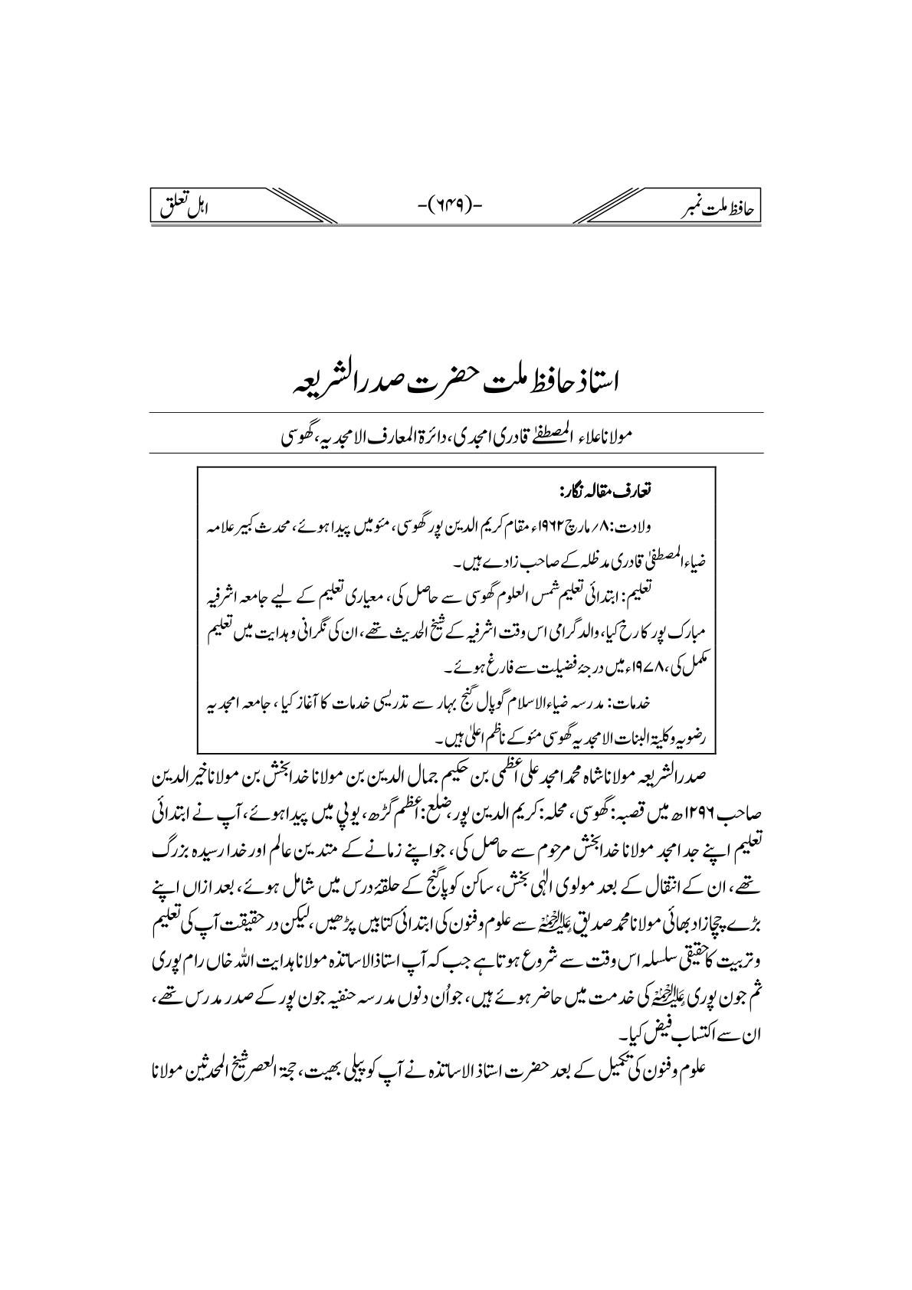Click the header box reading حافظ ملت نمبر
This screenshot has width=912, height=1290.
tap(714, 207)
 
